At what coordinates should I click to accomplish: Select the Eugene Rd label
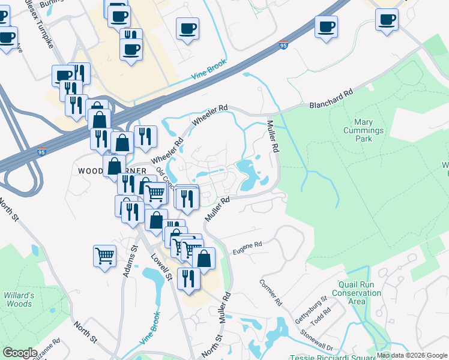click(x=247, y=245)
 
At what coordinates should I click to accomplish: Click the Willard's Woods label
click(x=17, y=299)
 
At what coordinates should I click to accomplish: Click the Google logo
click(x=20, y=353)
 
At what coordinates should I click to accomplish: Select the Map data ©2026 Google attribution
click(x=412, y=355)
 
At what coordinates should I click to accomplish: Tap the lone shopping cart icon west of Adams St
click(x=105, y=256)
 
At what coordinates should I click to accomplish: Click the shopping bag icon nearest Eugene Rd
click(x=204, y=258)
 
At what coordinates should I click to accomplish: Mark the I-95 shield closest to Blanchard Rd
click(x=284, y=45)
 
